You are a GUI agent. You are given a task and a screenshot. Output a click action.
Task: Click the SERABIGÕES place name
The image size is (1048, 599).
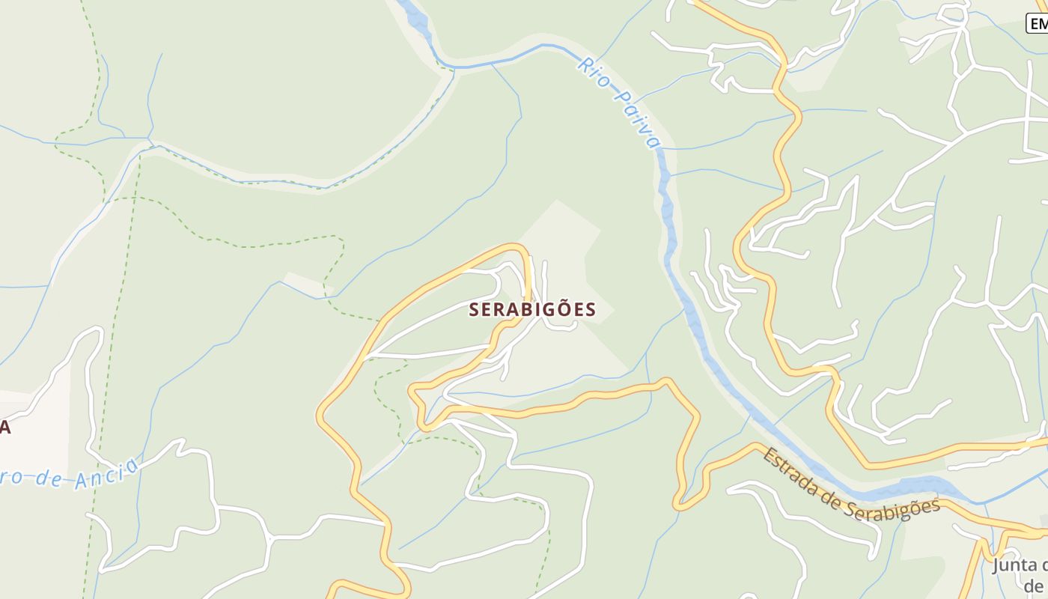(x=532, y=309)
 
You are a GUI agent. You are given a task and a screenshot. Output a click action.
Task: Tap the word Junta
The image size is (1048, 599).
(x=1020, y=565)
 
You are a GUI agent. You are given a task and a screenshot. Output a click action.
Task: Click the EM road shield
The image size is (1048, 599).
(x=1038, y=24)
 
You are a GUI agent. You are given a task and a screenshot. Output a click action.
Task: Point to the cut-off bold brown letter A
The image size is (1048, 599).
(x=4, y=428)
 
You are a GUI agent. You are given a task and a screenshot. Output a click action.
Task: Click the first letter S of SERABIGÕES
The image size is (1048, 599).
(x=474, y=310)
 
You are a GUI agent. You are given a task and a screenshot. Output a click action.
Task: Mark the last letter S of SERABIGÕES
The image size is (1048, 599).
(x=591, y=310)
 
